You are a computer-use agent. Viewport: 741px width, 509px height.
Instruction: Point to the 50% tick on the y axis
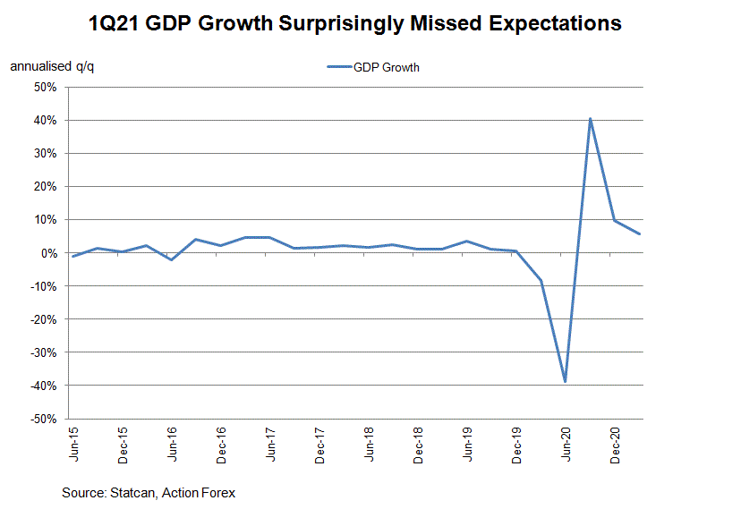[45, 88]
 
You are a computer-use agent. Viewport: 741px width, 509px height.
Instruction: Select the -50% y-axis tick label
[43, 419]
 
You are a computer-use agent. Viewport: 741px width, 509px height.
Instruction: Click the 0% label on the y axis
[48, 253]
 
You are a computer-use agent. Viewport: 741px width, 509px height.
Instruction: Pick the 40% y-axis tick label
[45, 121]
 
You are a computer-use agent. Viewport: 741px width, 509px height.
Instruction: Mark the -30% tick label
[43, 352]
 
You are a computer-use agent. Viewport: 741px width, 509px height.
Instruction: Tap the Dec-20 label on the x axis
[616, 442]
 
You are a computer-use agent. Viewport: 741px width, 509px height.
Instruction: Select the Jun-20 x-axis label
[566, 442]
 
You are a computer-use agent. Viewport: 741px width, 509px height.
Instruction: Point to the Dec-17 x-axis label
[320, 442]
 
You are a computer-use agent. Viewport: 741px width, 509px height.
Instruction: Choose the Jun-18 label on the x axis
[370, 442]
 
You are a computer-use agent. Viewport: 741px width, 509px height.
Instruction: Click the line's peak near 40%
[591, 119]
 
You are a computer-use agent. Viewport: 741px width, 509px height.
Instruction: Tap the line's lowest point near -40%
[566, 382]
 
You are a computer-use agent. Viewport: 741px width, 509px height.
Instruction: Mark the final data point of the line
[639, 234]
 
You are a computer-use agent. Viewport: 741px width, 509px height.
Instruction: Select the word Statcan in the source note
[132, 493]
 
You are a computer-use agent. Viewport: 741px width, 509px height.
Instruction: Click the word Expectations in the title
[548, 23]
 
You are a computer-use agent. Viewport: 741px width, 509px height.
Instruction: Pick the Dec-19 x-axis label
[517, 442]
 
